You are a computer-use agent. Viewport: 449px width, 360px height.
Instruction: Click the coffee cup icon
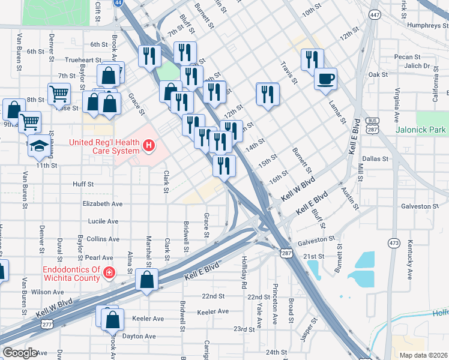[325, 79]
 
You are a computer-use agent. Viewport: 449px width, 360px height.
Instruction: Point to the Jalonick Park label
[421, 130]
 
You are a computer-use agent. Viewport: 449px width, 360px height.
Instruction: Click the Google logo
[20, 353]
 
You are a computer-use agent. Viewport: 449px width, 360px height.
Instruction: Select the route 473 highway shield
[394, 243]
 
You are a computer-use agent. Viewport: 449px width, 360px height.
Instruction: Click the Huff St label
[83, 184]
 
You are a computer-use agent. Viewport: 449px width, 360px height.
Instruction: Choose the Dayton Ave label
[139, 337]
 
